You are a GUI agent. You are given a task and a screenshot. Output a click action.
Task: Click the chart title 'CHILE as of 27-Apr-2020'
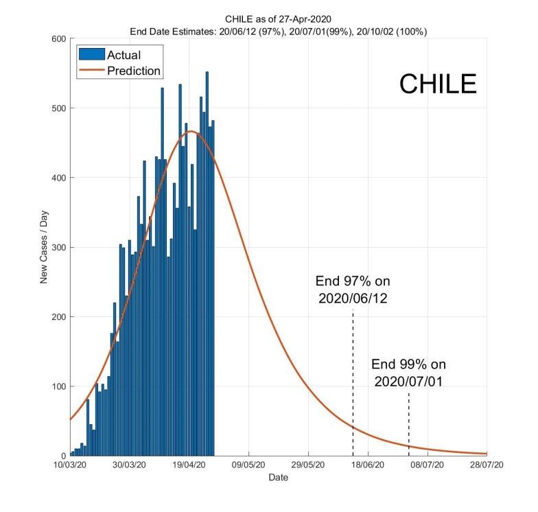pos(278,19)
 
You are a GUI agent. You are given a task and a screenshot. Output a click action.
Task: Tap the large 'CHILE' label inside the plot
pos(438,84)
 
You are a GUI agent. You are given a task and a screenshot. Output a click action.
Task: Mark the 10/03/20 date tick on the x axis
pos(70,465)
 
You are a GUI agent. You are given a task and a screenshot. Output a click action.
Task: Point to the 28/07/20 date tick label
pos(487,465)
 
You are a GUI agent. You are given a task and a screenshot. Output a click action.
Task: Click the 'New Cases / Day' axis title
pos(44,248)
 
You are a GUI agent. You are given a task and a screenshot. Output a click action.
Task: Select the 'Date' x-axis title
pos(278,477)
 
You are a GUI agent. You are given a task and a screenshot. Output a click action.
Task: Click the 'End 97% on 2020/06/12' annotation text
pos(353,290)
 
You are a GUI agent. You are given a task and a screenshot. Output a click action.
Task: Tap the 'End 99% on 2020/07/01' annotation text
pos(408,373)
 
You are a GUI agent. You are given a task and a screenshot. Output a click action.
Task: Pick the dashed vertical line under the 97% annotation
pos(353,384)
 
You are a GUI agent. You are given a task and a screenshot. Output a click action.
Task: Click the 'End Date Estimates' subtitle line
pos(278,31)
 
